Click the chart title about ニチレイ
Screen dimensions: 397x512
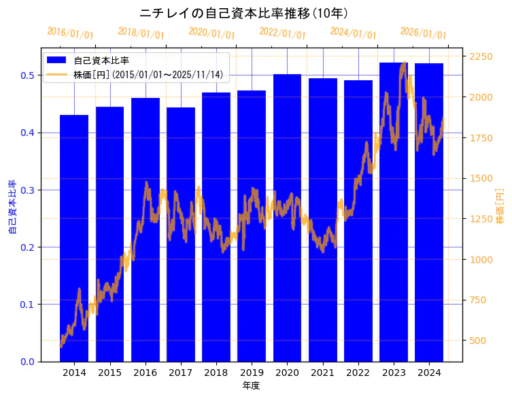pyautogui.click(x=244, y=13)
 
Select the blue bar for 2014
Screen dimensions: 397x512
pyautogui.click(x=74, y=238)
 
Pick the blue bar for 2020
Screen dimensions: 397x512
pyautogui.click(x=287, y=218)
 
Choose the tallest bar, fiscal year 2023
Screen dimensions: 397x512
pyautogui.click(x=394, y=211)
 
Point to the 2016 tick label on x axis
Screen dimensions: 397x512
pyautogui.click(x=145, y=373)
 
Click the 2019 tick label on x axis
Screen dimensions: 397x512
pyautogui.click(x=252, y=373)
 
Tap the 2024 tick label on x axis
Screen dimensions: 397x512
pyautogui.click(x=429, y=373)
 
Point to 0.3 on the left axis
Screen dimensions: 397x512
pyautogui.click(x=27, y=190)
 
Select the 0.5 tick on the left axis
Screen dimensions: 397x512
pyautogui.click(x=27, y=75)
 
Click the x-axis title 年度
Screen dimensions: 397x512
pyautogui.click(x=251, y=385)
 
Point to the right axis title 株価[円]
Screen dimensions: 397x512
pyautogui.click(x=500, y=207)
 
